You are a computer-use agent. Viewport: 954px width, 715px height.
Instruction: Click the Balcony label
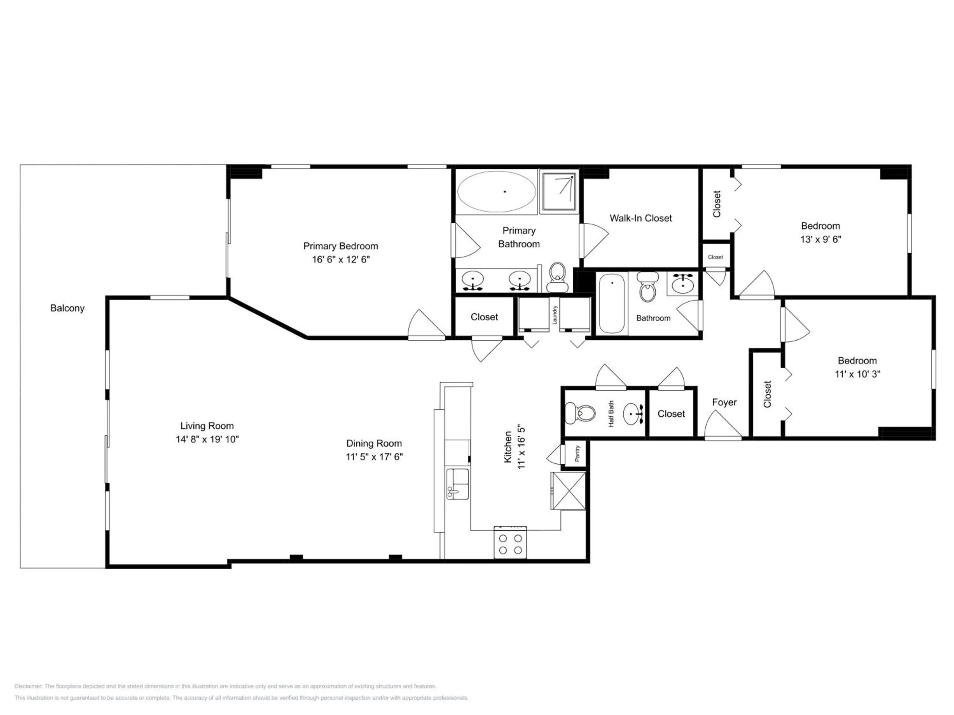pos(67,308)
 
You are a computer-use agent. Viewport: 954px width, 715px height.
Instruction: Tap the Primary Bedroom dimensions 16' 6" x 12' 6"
pos(341,259)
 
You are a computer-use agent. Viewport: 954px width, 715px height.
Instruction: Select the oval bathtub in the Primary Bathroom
pos(496,191)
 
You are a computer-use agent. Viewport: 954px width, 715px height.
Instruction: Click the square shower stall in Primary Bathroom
pos(559,192)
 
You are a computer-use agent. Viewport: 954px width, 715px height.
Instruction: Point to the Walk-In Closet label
pos(640,219)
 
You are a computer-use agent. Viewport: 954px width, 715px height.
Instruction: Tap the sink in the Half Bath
pos(633,414)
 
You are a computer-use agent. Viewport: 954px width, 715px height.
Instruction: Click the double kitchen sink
pos(458,484)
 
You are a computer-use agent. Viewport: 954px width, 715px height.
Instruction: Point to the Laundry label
pos(555,315)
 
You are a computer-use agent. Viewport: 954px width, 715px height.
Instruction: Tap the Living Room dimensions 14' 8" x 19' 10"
pos(207,439)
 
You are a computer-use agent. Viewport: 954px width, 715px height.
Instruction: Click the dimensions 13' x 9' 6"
pos(821,239)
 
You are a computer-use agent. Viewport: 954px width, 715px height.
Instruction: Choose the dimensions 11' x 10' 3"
pos(857,374)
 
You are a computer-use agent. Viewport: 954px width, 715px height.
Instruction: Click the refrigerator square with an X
pos(569,491)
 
